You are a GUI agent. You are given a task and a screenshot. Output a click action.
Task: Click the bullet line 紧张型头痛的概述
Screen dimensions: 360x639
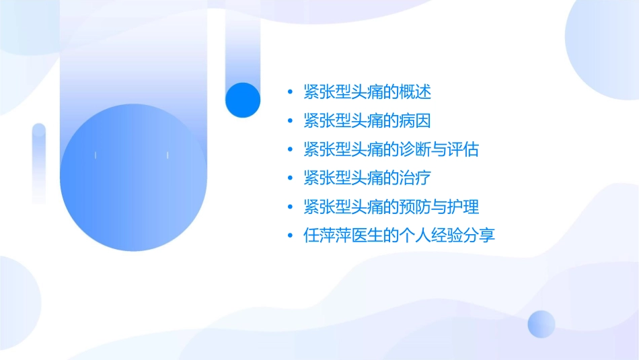point(367,92)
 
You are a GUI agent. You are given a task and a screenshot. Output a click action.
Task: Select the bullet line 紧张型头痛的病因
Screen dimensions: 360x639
point(367,120)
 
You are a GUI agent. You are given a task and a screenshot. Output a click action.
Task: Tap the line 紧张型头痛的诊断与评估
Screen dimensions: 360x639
point(391,149)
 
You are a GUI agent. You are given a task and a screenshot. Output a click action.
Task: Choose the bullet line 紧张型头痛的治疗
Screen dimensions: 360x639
point(367,178)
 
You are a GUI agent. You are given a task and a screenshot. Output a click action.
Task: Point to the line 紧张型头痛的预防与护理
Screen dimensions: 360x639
point(391,207)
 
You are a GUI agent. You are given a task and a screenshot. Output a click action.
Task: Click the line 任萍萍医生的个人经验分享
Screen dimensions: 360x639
point(399,236)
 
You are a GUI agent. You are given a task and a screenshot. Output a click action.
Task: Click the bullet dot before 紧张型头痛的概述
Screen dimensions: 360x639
point(290,92)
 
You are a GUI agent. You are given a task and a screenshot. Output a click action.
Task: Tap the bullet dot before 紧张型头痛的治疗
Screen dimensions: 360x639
point(290,179)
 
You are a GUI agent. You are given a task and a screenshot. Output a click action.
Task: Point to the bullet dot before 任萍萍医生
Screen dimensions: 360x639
point(290,236)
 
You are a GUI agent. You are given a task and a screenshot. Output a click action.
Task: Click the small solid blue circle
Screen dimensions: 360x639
point(243,100)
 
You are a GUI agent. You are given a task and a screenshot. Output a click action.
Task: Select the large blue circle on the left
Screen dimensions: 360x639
point(133,178)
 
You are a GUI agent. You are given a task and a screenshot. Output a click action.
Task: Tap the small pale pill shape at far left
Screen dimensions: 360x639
point(39,163)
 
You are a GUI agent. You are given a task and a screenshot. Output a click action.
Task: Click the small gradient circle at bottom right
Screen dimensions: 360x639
point(541,324)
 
